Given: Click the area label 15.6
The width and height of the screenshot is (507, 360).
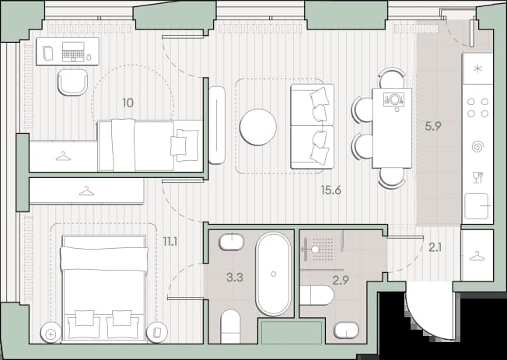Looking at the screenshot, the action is click(x=331, y=190).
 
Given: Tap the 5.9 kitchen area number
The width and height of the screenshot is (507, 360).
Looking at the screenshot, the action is click(x=433, y=126).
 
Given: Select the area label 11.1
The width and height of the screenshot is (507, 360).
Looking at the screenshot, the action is click(x=170, y=241).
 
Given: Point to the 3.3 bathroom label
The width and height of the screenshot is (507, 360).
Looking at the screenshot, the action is click(x=235, y=278).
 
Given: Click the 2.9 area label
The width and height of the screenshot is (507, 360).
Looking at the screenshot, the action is click(x=341, y=280).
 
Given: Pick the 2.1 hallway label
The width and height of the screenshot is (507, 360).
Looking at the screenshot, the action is click(x=435, y=248).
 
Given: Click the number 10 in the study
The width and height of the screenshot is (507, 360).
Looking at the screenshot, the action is click(x=128, y=103).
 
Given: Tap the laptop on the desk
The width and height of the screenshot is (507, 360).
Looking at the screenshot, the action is click(x=73, y=52).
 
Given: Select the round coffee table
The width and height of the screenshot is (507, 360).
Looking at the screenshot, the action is click(x=258, y=127).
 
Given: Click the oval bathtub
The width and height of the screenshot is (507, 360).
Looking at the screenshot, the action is click(x=273, y=274).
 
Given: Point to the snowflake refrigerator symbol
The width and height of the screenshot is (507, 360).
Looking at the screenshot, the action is click(x=477, y=69).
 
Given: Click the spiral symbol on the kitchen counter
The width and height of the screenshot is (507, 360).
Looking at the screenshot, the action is click(x=477, y=146).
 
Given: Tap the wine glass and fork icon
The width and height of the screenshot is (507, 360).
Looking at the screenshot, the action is click(x=477, y=177).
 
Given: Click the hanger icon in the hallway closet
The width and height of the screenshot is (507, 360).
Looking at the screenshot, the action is click(x=477, y=257).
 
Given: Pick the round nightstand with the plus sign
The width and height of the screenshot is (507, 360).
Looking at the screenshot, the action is click(x=51, y=334).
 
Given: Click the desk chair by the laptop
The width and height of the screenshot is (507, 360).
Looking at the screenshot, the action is click(x=73, y=82).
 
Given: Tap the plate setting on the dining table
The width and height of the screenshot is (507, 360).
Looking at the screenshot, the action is click(x=394, y=99).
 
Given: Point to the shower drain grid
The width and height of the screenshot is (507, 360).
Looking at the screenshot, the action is click(x=323, y=249).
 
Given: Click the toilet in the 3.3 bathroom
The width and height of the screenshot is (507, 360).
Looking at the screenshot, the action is click(x=230, y=326).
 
